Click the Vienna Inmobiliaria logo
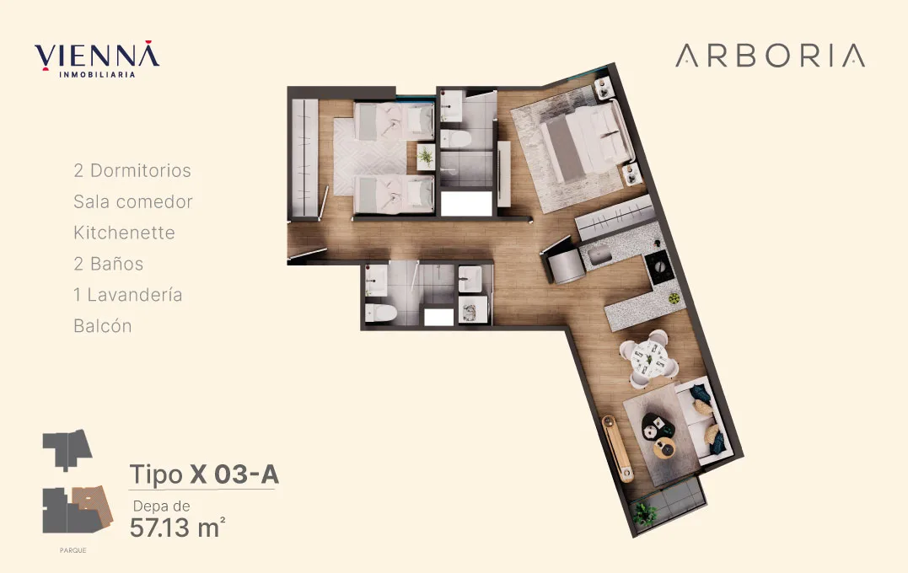(x=97, y=59)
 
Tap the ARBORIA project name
(x=771, y=56)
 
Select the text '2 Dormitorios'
(x=132, y=171)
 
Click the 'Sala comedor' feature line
(x=132, y=202)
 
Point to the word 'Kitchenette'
(x=124, y=233)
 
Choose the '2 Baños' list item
(x=108, y=264)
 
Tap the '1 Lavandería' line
(x=128, y=295)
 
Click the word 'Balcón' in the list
(x=103, y=326)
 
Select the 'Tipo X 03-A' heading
(x=204, y=474)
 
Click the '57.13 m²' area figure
(x=177, y=527)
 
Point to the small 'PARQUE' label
(x=73, y=550)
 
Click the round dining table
(x=648, y=357)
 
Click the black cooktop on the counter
(x=658, y=267)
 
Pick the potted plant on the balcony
(x=643, y=514)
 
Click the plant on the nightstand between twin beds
(x=426, y=157)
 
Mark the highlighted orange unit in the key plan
(x=93, y=504)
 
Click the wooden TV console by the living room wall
(x=617, y=448)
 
